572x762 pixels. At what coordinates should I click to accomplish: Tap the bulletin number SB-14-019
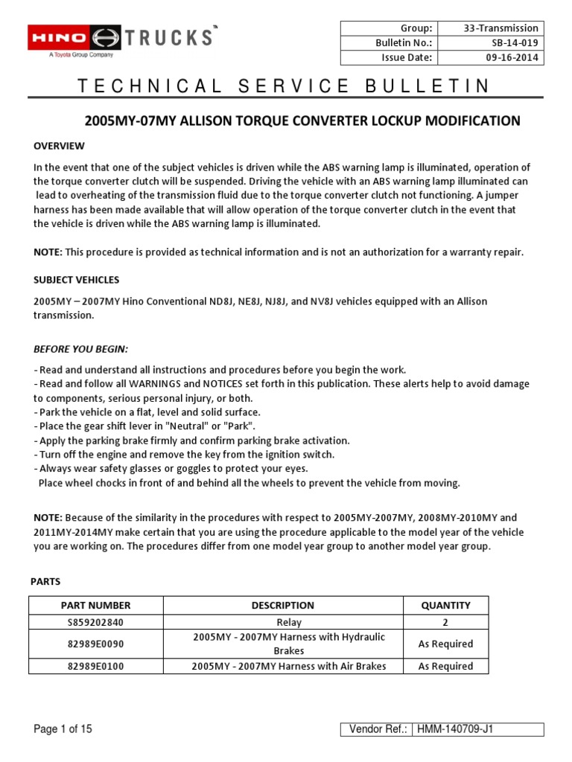[x=513, y=43]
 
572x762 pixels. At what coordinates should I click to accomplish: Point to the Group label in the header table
[x=417, y=28]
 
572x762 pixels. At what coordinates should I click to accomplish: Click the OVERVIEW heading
[x=59, y=146]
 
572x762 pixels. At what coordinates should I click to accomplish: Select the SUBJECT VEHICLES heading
[x=76, y=280]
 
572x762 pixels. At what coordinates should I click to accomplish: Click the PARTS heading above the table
[x=45, y=580]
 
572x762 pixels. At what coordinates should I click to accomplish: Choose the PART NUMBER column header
[x=97, y=605]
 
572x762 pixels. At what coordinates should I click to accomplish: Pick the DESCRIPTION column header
[x=282, y=605]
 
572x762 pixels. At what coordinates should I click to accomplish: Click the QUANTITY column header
[x=445, y=605]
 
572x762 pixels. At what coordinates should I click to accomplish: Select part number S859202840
[x=97, y=622]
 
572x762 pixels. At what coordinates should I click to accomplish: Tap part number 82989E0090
[x=97, y=644]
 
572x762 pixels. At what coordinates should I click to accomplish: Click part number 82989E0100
[x=97, y=666]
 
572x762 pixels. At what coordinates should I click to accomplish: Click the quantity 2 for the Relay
[x=445, y=622]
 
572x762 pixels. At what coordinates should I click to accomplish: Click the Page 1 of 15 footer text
[x=63, y=729]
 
